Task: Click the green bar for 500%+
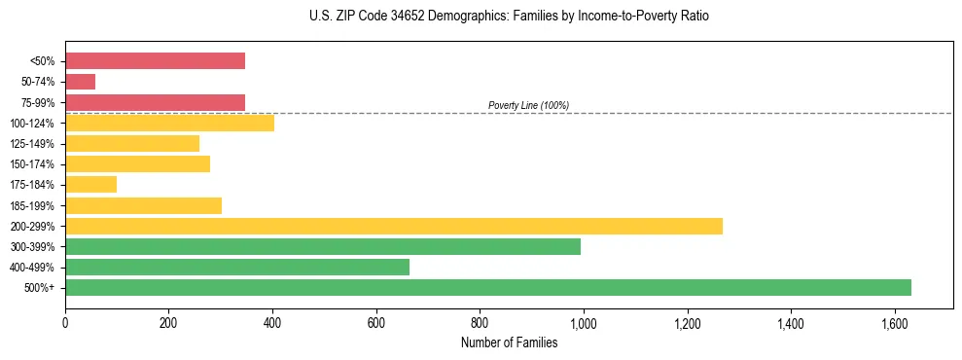pyautogui.click(x=487, y=287)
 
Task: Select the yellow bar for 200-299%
pyautogui.click(x=393, y=226)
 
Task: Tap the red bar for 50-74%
pyautogui.click(x=80, y=82)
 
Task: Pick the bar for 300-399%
pyautogui.click(x=322, y=246)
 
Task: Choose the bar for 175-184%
pyautogui.click(x=90, y=184)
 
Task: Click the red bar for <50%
pyautogui.click(x=155, y=61)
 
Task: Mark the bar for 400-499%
pyautogui.click(x=236, y=267)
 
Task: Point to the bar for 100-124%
pyautogui.click(x=169, y=123)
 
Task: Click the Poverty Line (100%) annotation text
pyautogui.click(x=528, y=105)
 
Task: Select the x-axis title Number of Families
pyautogui.click(x=509, y=342)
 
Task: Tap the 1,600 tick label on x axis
pyautogui.click(x=895, y=323)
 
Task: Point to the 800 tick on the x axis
pyautogui.click(x=480, y=323)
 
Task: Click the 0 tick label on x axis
pyautogui.click(x=65, y=323)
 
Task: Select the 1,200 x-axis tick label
pyautogui.click(x=688, y=323)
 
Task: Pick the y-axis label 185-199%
pyautogui.click(x=32, y=205)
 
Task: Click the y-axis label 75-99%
pyautogui.click(x=36, y=102)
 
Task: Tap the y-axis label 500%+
pyautogui.click(x=40, y=287)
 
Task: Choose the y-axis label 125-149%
pyautogui.click(x=32, y=143)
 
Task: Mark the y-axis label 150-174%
pyautogui.click(x=32, y=163)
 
